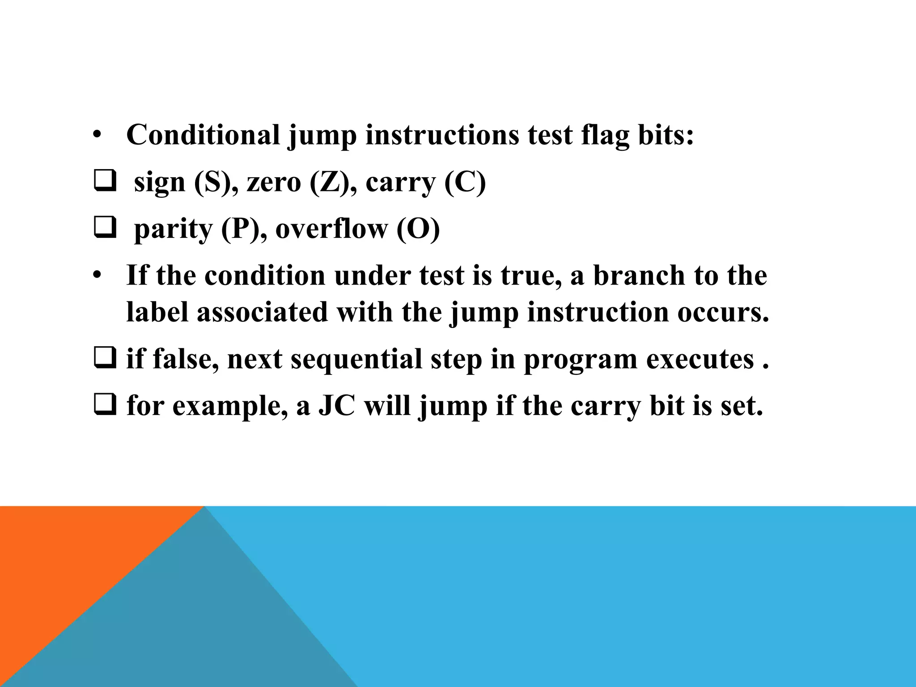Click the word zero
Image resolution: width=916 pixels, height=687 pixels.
coord(274,182)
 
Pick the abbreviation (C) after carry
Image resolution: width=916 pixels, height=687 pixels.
coord(465,182)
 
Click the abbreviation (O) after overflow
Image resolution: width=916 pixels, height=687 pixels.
coord(418,229)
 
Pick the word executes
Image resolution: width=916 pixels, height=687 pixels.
coord(700,359)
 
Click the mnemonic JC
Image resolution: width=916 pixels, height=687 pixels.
coord(337,406)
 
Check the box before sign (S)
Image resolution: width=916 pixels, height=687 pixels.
coord(105,182)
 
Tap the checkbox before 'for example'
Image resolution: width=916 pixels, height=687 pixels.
coord(105,405)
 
